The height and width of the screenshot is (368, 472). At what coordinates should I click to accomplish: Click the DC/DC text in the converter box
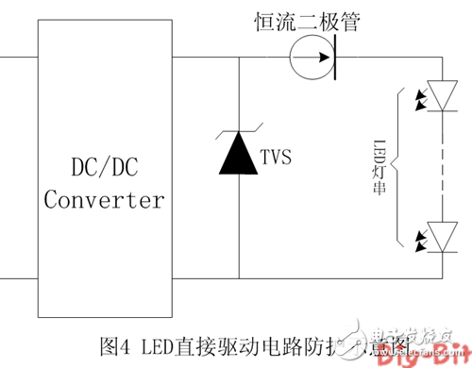[104, 167]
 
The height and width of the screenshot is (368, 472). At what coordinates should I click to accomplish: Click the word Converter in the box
[104, 200]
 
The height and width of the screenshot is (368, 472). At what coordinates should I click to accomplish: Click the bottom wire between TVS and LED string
[340, 279]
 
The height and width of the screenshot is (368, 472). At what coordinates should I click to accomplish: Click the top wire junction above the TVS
[239, 59]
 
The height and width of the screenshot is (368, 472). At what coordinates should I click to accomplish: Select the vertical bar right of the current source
[337, 59]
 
